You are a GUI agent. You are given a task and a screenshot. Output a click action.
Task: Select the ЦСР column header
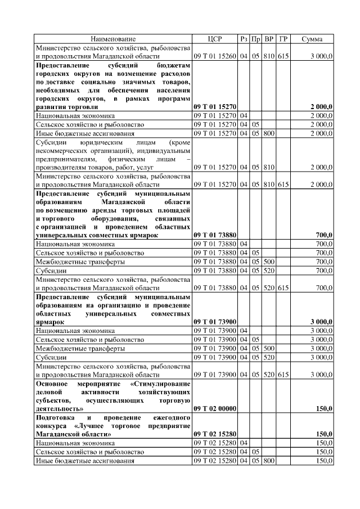215,39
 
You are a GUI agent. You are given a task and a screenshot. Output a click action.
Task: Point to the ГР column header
283,39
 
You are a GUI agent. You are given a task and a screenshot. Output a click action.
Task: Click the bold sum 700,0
324,235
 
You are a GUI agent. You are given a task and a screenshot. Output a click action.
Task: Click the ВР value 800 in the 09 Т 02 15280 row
269,461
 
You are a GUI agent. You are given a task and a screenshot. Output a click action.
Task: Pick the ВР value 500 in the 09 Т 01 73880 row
269,262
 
